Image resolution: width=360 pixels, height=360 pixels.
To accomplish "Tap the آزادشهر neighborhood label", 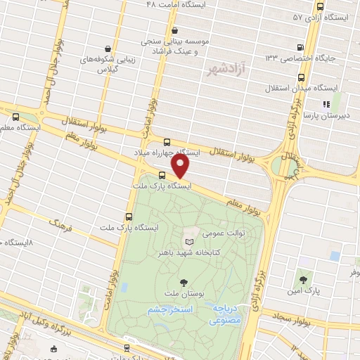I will [225, 70].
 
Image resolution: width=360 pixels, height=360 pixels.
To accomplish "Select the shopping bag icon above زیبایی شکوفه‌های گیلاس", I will [105, 49].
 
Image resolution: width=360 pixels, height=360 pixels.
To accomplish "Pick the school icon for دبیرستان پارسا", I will [326, 104].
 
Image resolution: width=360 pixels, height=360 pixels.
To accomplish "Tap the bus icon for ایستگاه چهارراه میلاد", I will [167, 141].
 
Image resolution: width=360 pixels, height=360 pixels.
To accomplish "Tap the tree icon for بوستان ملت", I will [184, 283].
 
